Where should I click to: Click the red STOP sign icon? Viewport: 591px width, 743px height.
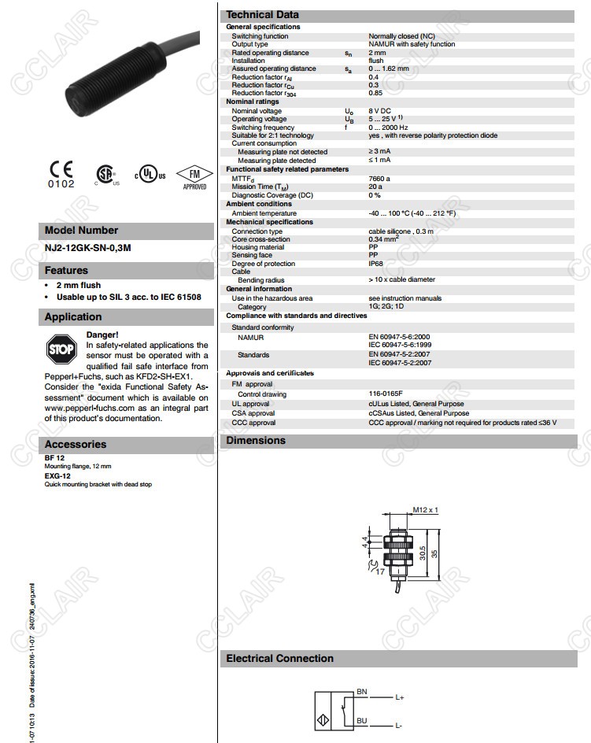pos(61,347)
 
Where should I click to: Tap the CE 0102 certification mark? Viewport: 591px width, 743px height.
pos(61,174)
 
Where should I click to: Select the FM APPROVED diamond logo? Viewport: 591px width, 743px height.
pos(194,178)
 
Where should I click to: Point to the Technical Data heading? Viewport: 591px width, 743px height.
pos(262,14)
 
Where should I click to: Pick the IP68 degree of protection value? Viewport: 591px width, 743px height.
pos(375,264)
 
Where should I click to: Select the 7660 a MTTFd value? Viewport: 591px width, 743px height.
pos(379,179)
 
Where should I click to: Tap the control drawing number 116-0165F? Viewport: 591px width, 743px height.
pos(386,394)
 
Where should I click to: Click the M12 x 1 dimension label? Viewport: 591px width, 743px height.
pos(425,510)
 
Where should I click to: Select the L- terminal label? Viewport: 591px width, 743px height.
pos(399,725)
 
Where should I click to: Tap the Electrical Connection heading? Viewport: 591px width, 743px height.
pos(279,659)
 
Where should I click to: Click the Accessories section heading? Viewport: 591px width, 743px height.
pos(75,444)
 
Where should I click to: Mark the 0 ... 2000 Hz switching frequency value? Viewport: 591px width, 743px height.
pos(388,128)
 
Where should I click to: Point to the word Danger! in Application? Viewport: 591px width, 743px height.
pos(102,335)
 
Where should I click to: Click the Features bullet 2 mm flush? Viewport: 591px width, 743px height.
pos(78,285)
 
